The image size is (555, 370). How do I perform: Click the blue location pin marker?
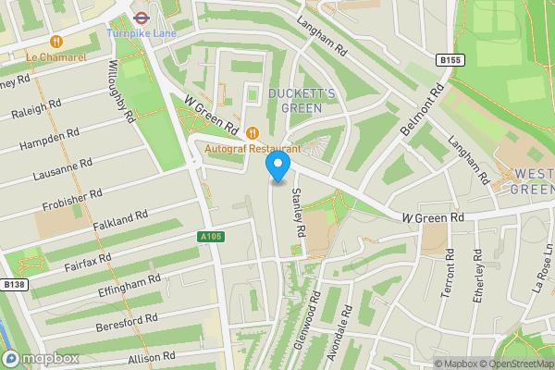tap(278, 166)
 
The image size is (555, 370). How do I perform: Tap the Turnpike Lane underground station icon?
tap(142, 16)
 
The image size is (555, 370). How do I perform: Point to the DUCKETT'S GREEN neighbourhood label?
tap(295, 100)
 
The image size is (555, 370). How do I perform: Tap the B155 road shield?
tap(450, 60)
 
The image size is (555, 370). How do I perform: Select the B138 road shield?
tap(13, 285)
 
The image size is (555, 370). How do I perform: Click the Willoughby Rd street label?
tap(122, 92)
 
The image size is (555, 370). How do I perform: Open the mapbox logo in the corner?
tap(41, 358)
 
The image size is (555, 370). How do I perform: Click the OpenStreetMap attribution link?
tap(513, 364)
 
